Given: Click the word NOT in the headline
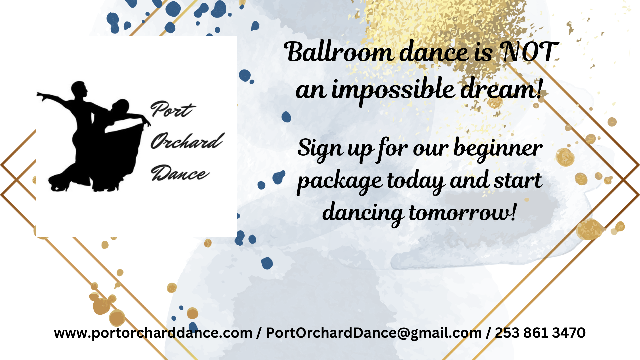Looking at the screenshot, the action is point(530,52).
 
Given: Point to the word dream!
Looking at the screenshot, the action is point(501,88).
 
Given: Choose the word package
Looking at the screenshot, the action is point(340,182).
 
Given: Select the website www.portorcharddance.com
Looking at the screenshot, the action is point(153,333).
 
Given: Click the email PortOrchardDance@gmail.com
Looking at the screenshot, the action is point(374,333).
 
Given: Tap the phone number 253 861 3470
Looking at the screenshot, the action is point(540,333).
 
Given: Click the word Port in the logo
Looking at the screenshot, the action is point(172,109).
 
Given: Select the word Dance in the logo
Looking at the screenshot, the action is point(180,173).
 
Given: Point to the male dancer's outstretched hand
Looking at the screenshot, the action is point(41,96).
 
